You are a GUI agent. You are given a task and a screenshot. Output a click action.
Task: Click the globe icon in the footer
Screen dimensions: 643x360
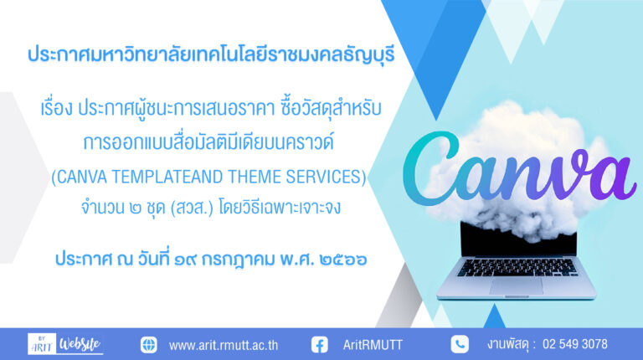click(148, 344)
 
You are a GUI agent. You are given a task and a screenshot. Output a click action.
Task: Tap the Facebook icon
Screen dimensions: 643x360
click(320, 344)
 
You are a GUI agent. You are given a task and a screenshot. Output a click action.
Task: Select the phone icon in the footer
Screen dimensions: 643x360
click(460, 344)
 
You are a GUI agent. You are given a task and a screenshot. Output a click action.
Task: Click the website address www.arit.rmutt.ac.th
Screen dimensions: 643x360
click(224, 345)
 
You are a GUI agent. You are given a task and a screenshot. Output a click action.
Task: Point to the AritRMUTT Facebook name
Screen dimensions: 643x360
click(373, 345)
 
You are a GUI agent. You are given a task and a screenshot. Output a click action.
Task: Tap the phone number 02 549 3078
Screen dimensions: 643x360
click(575, 344)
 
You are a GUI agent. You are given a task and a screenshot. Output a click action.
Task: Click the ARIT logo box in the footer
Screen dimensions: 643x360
click(42, 343)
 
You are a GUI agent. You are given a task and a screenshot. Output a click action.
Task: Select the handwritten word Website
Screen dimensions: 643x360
click(80, 343)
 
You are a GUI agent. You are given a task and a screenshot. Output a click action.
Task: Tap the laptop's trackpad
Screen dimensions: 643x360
click(516, 285)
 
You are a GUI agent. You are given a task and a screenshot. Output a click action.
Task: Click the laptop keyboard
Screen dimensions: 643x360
click(517, 267)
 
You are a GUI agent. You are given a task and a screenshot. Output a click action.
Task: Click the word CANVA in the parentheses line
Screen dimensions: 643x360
click(81, 177)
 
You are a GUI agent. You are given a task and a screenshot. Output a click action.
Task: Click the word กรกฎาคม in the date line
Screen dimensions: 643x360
click(238, 260)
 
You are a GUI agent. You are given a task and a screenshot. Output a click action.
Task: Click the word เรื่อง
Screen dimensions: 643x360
click(57, 108)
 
